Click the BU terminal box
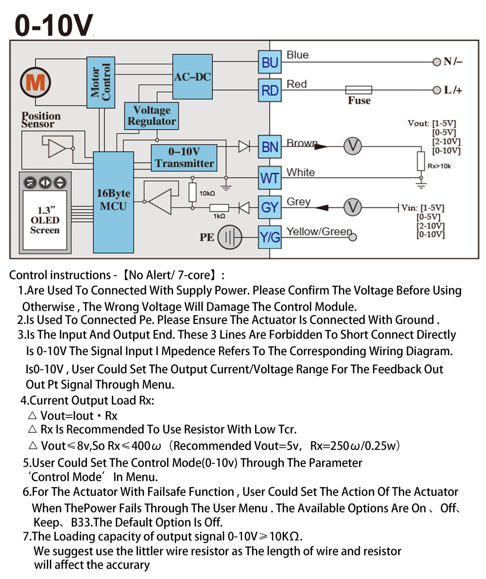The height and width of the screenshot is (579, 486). pyautogui.click(x=270, y=62)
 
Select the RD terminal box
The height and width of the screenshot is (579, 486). pyautogui.click(x=270, y=91)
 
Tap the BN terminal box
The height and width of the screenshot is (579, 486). pyautogui.click(x=270, y=147)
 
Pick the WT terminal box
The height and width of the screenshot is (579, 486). pyautogui.click(x=270, y=178)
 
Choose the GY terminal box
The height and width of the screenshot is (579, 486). pyautogui.click(x=270, y=207)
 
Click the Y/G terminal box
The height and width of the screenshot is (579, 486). pyautogui.click(x=270, y=237)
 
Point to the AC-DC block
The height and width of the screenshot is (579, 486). pyautogui.click(x=192, y=77)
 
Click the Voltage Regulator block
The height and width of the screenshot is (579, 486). pyautogui.click(x=152, y=116)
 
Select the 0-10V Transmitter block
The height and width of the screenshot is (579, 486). pyautogui.click(x=184, y=157)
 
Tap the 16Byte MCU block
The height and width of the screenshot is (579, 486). pyautogui.click(x=113, y=202)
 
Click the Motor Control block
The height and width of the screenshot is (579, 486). pyautogui.click(x=101, y=82)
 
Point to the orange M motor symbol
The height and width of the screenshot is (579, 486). pyautogui.click(x=35, y=83)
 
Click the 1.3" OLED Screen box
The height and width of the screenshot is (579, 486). pyautogui.click(x=45, y=220)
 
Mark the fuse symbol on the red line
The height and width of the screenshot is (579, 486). pyautogui.click(x=359, y=90)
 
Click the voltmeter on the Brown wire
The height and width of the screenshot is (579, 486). pyautogui.click(x=352, y=146)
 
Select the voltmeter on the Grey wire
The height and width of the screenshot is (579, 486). pyautogui.click(x=352, y=207)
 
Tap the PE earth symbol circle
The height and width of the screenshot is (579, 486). pyautogui.click(x=230, y=237)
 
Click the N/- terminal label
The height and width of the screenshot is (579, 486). pyautogui.click(x=453, y=62)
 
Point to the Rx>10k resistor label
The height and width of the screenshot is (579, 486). pyautogui.click(x=439, y=166)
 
